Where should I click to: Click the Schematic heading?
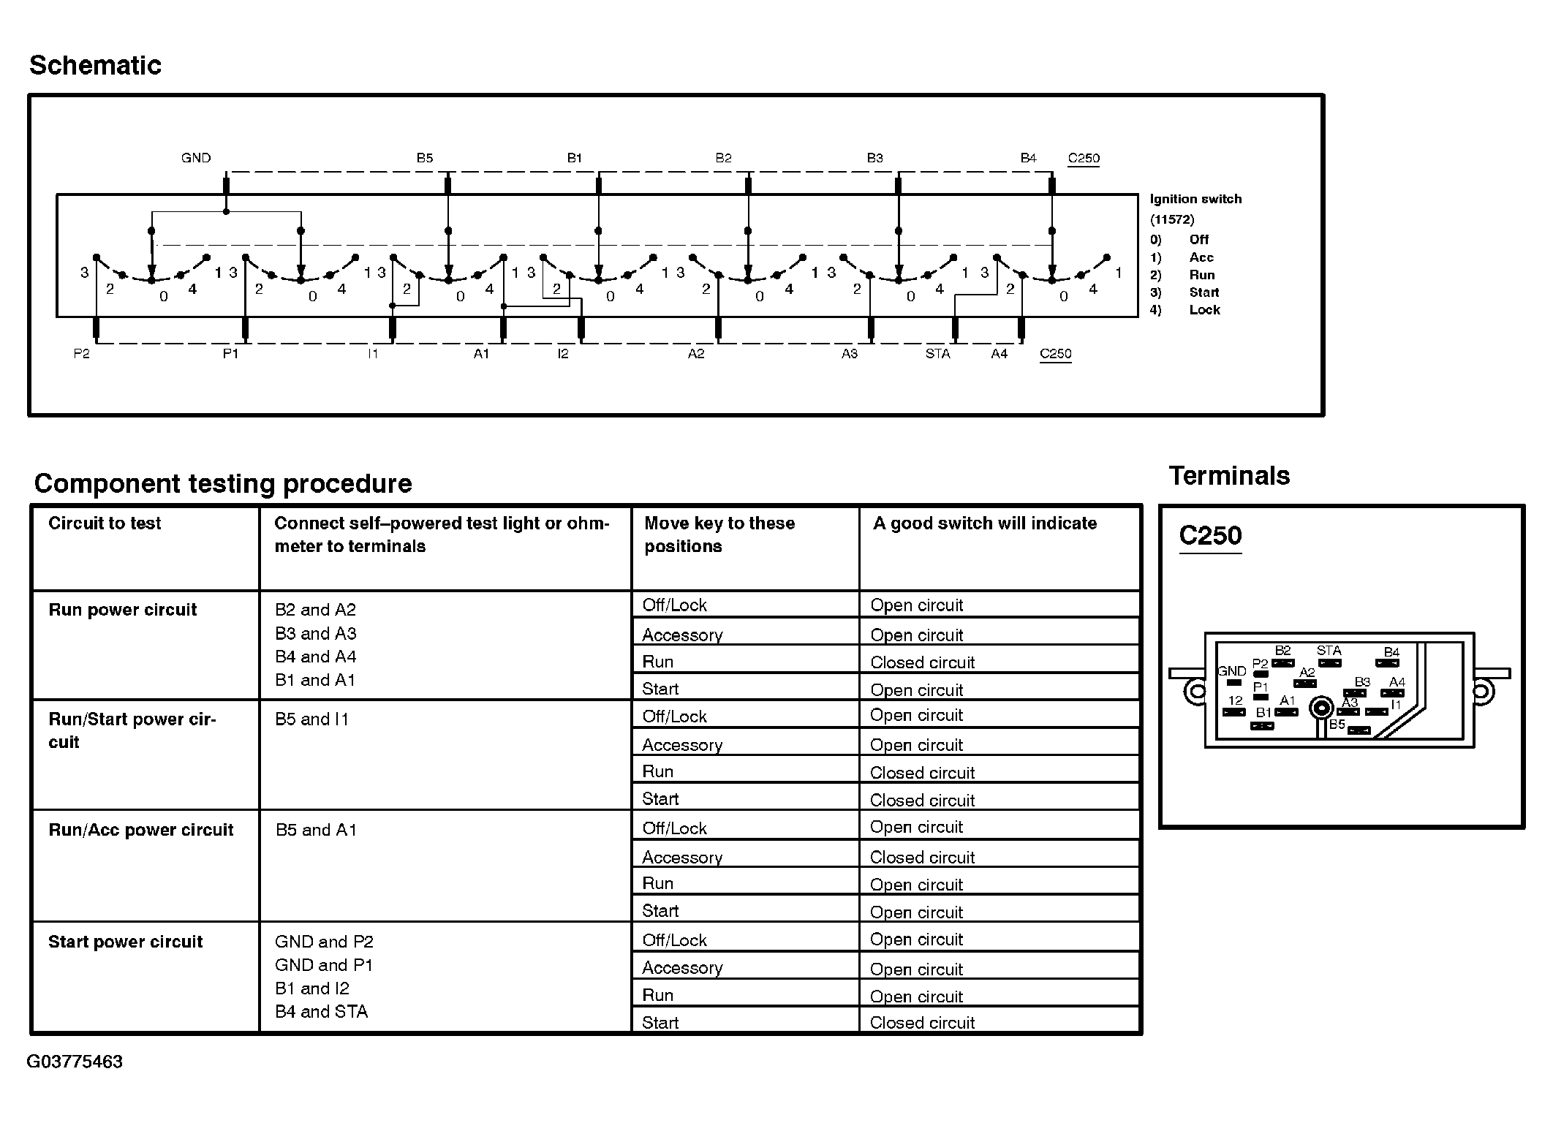[95, 66]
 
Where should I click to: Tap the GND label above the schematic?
[196, 158]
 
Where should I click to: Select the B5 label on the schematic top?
[425, 158]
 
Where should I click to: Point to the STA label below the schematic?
[937, 354]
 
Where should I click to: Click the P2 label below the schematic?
[81, 354]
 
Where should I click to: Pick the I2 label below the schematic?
[562, 354]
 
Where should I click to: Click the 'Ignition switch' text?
[1195, 199]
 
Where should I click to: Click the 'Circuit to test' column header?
[105, 523]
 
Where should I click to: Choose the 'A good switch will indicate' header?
[985, 523]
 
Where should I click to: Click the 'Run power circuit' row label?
[123, 610]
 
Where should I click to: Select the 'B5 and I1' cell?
[312, 719]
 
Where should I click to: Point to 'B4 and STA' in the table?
[321, 1012]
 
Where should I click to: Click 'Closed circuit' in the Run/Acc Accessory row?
[922, 857]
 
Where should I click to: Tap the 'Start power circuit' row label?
[125, 942]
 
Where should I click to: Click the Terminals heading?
[1229, 476]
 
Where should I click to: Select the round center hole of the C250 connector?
[1321, 707]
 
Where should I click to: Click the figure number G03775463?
[75, 1062]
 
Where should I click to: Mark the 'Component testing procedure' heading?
[223, 484]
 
